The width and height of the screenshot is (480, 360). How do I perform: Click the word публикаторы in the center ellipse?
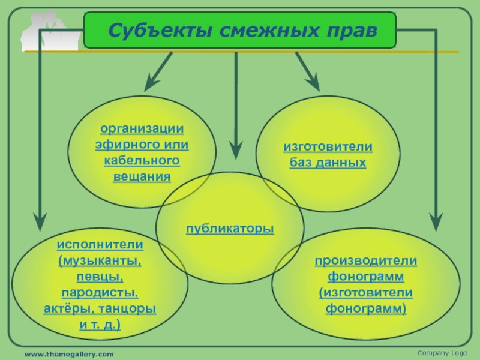[230, 229]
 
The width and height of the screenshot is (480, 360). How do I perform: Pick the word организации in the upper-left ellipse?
[142, 129]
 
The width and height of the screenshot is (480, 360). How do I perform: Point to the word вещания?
[142, 177]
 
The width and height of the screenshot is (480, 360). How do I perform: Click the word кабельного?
[142, 161]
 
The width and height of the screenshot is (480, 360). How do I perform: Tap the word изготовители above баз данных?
[328, 146]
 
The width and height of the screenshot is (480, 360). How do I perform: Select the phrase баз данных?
[328, 163]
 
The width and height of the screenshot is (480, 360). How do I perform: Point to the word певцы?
[100, 277]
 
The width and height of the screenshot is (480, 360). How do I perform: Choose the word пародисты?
[100, 293]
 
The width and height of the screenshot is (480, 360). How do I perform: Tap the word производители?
[366, 261]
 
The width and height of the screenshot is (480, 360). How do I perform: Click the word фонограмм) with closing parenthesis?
[366, 309]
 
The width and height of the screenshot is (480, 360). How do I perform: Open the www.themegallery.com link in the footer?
[68, 355]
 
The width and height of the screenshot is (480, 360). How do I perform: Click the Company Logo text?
[442, 353]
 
